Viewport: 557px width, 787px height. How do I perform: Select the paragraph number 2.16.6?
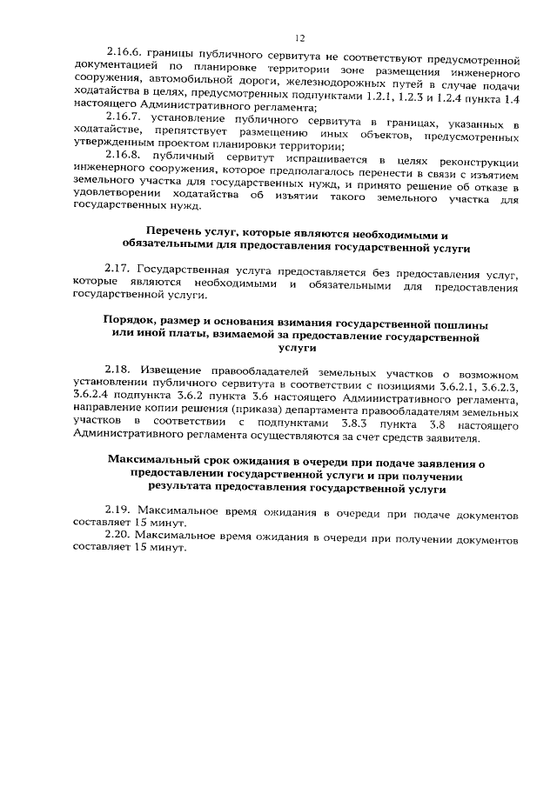pyautogui.click(x=123, y=51)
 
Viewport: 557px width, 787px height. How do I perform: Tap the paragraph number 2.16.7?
pyautogui.click(x=123, y=115)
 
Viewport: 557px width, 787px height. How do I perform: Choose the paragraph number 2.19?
pyautogui.click(x=117, y=508)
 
